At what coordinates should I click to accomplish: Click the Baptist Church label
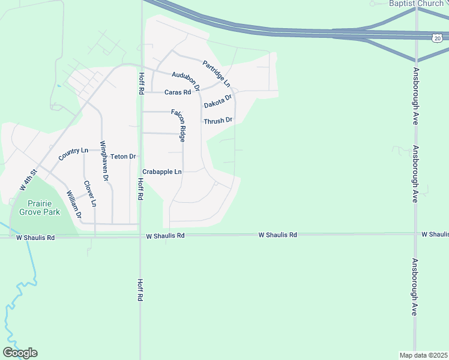click(415, 4)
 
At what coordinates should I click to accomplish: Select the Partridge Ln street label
click(217, 74)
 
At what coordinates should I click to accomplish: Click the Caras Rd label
click(177, 92)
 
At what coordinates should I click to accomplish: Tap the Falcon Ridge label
click(179, 125)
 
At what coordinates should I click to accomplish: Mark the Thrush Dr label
click(217, 121)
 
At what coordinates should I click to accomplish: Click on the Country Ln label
click(73, 154)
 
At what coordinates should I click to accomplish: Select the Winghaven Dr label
click(104, 161)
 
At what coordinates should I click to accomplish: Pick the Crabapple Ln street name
click(161, 172)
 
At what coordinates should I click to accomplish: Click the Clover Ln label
click(90, 194)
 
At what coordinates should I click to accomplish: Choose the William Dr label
click(74, 204)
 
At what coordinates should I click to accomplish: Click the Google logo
click(20, 353)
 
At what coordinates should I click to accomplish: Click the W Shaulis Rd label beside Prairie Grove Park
click(35, 238)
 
